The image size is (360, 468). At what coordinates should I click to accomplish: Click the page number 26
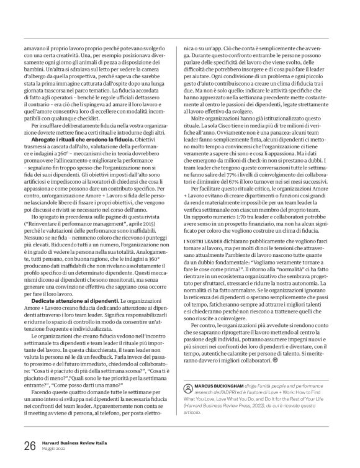click(29, 445)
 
